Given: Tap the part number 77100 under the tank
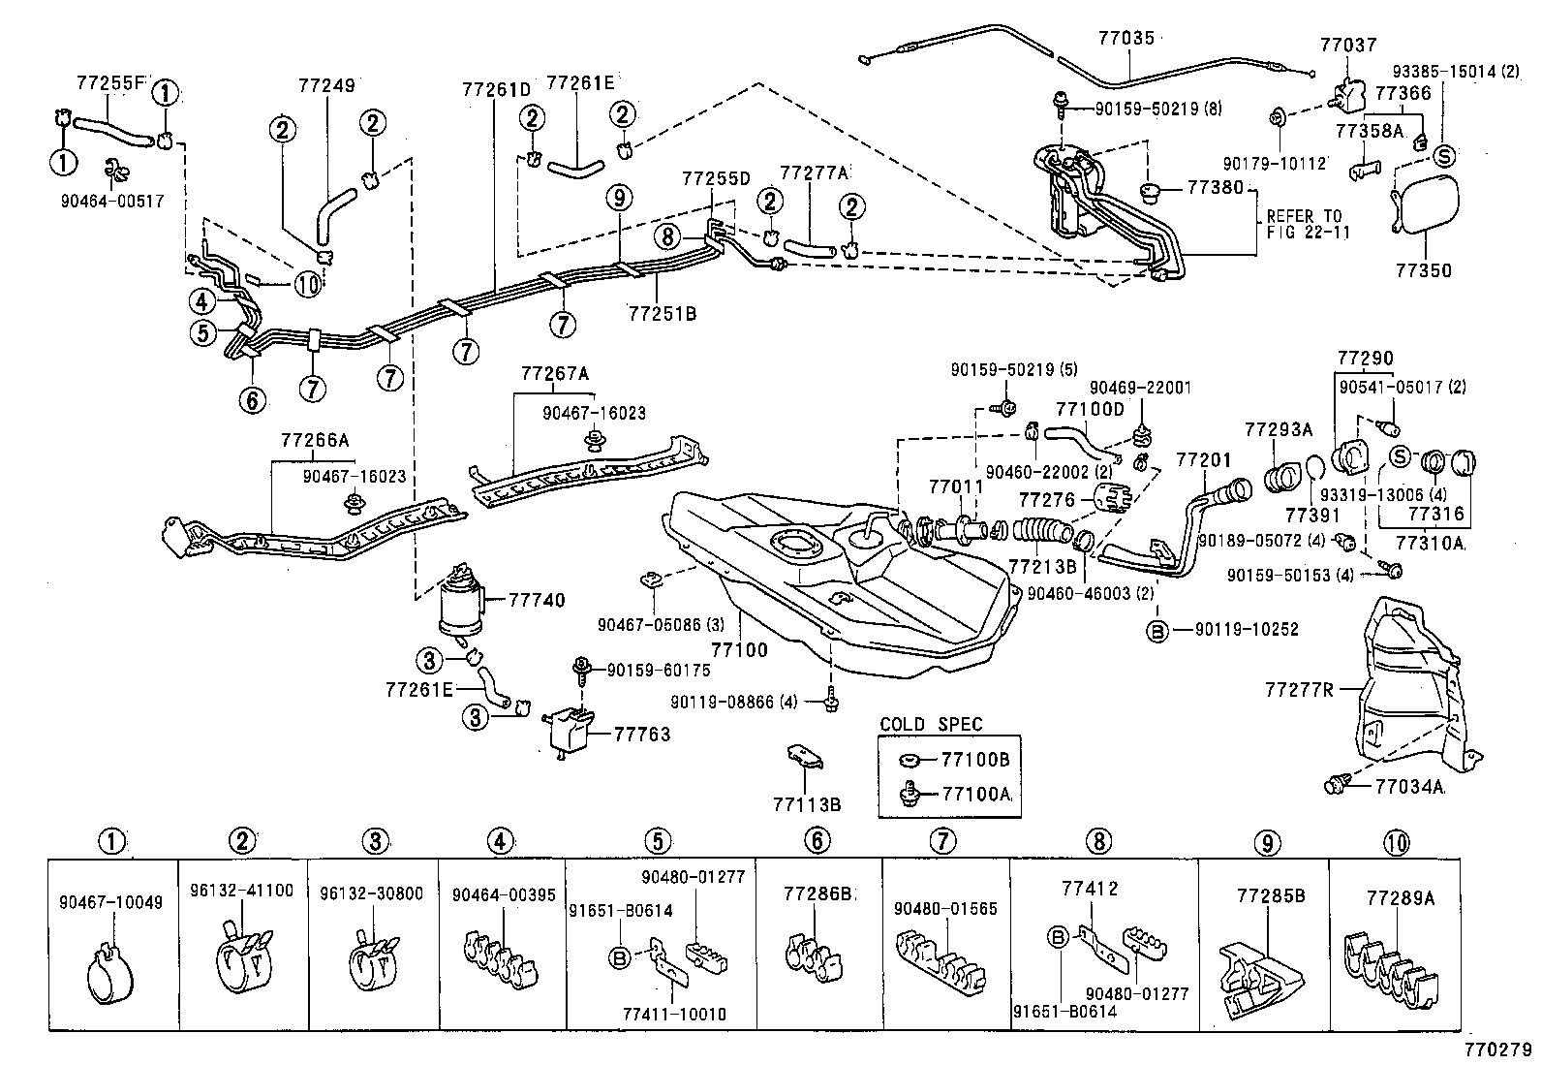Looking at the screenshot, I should pyautogui.click(x=739, y=649).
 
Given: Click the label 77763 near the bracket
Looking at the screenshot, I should pyautogui.click(x=641, y=735).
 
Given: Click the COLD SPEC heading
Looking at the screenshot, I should pyautogui.click(x=930, y=724).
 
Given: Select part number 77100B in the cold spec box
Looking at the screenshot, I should pyautogui.click(x=975, y=760).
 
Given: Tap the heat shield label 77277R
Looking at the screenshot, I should pyautogui.click(x=1298, y=690).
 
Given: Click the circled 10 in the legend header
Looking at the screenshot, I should pyautogui.click(x=1397, y=842).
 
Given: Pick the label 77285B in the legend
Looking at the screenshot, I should pyautogui.click(x=1265, y=895).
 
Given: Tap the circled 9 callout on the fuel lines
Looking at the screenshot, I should pyautogui.click(x=620, y=198).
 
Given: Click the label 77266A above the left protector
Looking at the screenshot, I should pyautogui.click(x=314, y=440).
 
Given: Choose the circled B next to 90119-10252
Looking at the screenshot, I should pyautogui.click(x=1156, y=631).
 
